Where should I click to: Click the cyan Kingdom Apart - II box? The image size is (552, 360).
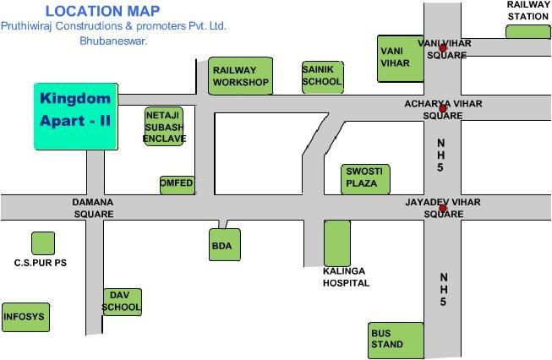click(76, 117)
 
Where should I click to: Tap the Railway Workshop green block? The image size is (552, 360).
click(240, 76)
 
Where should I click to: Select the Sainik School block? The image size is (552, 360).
click(322, 76)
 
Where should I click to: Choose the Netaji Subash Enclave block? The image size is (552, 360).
click(164, 126)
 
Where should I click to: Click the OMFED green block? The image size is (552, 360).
click(177, 184)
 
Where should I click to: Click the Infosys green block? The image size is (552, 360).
click(24, 318)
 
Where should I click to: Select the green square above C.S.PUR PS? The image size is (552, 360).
click(41, 243)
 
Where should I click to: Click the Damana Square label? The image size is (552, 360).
click(94, 208)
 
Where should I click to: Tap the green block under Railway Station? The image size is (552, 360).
click(527, 31)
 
